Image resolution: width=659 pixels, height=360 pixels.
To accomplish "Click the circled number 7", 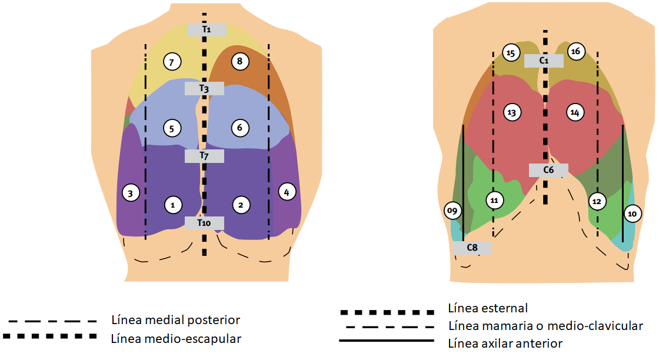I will (x=171, y=61).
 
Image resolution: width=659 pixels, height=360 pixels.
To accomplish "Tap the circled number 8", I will (x=239, y=61).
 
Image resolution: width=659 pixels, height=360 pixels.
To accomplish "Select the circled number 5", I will (x=171, y=128).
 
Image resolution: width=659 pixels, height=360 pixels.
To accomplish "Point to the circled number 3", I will (x=131, y=192).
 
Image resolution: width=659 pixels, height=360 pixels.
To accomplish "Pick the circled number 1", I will (x=172, y=205).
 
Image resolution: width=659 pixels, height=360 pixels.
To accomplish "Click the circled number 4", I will (x=287, y=192).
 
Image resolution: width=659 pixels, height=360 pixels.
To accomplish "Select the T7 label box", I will (x=204, y=156).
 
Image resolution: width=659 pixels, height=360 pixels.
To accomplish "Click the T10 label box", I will (x=204, y=223).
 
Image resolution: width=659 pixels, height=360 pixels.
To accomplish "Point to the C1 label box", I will (x=544, y=60).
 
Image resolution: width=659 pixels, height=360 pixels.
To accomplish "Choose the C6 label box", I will (x=548, y=170).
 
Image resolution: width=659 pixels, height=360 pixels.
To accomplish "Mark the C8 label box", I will (x=472, y=248).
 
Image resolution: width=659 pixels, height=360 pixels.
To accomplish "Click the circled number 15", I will (x=511, y=53).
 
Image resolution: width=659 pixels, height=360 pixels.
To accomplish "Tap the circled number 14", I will (x=575, y=112).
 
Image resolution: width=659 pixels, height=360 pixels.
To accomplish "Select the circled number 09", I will (x=452, y=211).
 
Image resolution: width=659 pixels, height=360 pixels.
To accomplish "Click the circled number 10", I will (x=633, y=214).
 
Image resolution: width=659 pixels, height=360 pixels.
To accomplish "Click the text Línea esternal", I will (x=488, y=308).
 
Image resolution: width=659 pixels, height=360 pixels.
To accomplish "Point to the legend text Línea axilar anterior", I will (x=505, y=343).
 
